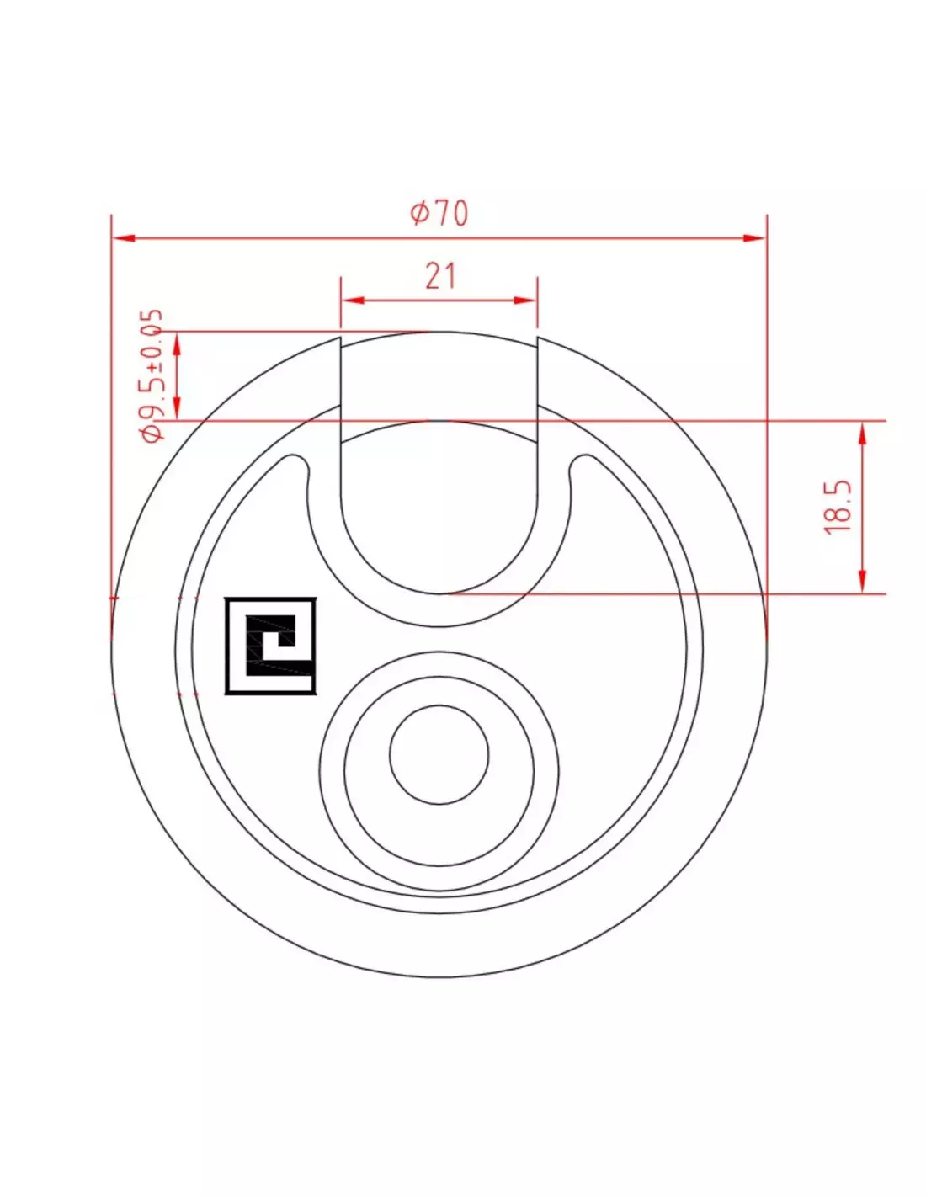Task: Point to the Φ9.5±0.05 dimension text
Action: click(x=152, y=375)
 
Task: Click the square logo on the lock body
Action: click(x=270, y=646)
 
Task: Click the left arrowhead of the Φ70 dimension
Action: click(x=124, y=238)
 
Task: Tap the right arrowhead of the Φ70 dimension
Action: click(x=753, y=238)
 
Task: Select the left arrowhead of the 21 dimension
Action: click(x=353, y=301)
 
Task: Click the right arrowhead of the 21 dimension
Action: click(x=524, y=301)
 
